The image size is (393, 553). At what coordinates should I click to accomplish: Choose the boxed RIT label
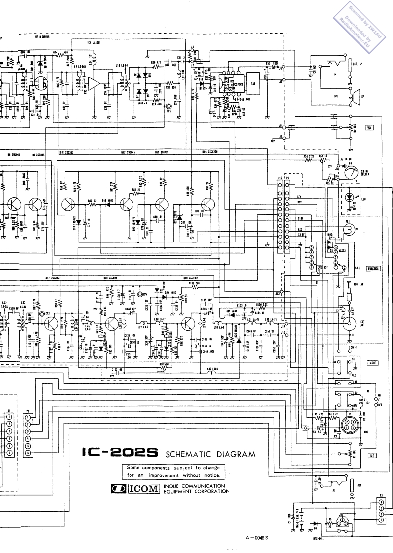[371, 455]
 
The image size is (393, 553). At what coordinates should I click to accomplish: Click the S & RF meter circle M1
[350, 173]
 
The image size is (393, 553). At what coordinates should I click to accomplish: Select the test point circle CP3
[42, 313]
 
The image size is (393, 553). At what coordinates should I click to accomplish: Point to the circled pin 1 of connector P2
[28, 417]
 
